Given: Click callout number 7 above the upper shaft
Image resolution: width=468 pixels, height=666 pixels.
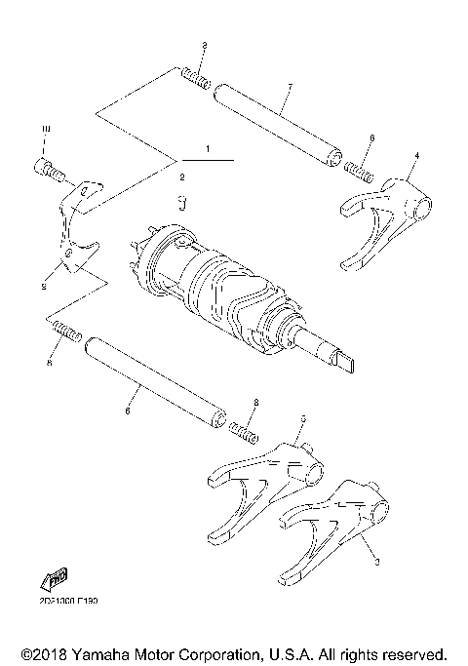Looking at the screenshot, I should [290, 87].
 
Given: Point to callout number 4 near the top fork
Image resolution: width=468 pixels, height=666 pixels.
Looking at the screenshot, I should [416, 155].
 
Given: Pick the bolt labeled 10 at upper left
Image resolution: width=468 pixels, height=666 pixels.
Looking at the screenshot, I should [52, 172].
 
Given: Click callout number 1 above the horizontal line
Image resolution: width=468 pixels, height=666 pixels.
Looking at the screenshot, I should [208, 148].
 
